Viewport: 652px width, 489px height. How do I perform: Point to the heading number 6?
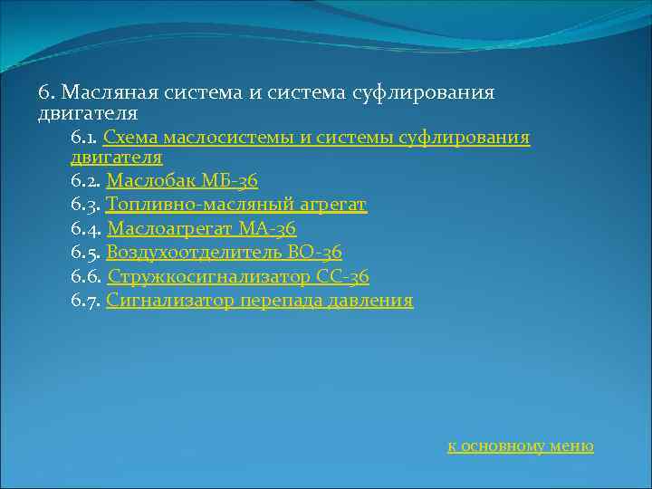pyautogui.click(x=46, y=93)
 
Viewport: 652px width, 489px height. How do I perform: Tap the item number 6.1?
pyautogui.click(x=84, y=138)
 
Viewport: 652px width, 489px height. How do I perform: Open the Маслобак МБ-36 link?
pyautogui.click(x=182, y=181)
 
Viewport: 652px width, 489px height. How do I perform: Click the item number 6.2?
pyautogui.click(x=85, y=181)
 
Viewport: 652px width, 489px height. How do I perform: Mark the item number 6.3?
pyautogui.click(x=85, y=205)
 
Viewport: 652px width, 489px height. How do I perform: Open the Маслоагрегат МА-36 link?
pyautogui.click(x=201, y=229)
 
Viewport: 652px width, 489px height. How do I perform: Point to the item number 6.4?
pyautogui.click(x=86, y=229)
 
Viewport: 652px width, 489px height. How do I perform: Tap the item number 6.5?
pyautogui.click(x=85, y=253)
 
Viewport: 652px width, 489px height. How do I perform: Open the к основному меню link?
pyautogui.click(x=521, y=446)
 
